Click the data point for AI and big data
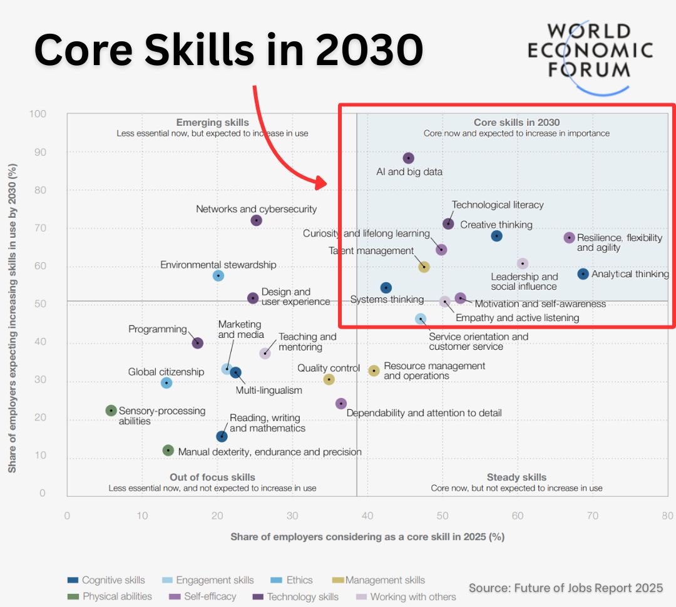[408, 158]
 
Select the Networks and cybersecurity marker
[256, 220]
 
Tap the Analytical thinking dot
[583, 274]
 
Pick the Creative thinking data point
[496, 236]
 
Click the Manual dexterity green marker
[168, 451]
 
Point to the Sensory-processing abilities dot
[111, 411]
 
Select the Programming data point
[197, 343]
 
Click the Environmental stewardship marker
[218, 275]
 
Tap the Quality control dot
[329, 379]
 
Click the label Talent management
[371, 251]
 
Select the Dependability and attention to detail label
[424, 413]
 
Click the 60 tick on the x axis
[518, 516]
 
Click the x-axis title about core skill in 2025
[367, 537]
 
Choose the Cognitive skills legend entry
[106, 580]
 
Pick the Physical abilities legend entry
[110, 596]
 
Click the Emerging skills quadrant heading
[212, 123]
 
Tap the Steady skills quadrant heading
[516, 477]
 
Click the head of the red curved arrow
[321, 182]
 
